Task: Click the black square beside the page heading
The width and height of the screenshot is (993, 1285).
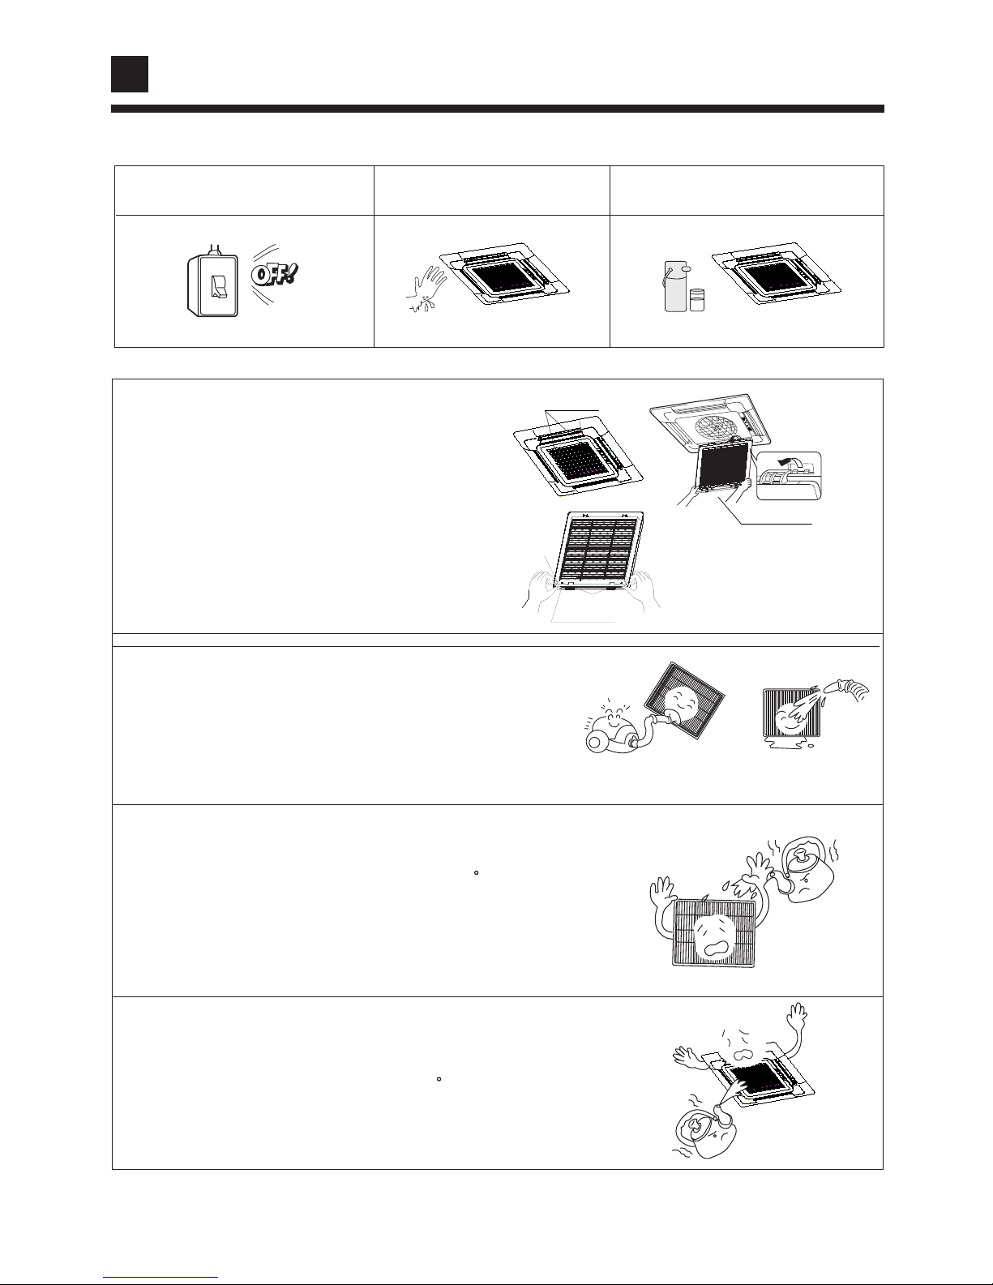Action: tap(130, 74)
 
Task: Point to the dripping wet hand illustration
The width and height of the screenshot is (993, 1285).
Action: tap(426, 289)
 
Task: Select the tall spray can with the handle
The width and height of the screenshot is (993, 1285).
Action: tap(676, 286)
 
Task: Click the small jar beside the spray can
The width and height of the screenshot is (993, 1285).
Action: tap(697, 300)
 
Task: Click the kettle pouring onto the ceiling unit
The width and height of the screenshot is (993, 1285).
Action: tap(706, 1131)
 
